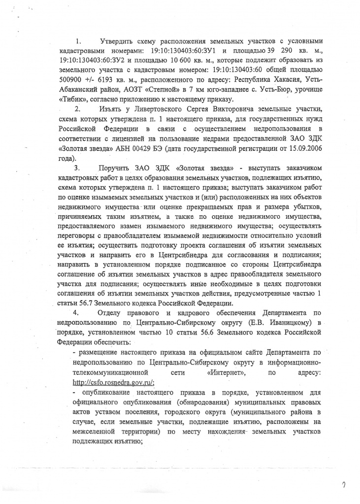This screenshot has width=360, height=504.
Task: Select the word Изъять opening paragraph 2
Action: pos(112,108)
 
